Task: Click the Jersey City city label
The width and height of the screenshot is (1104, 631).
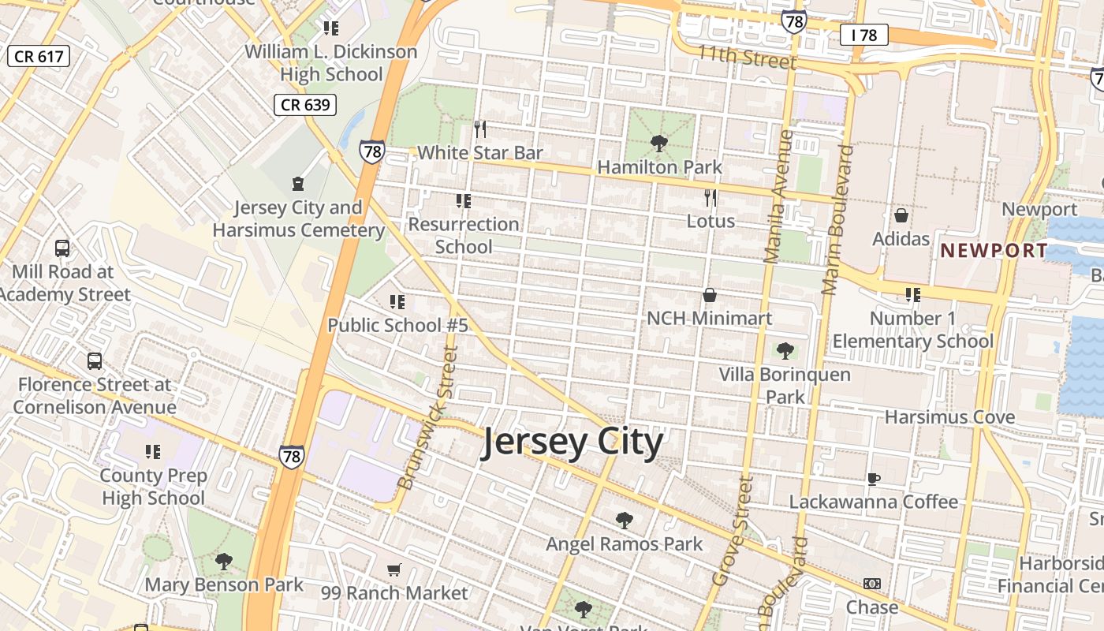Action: point(573,442)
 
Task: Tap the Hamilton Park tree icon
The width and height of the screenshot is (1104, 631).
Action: point(658,144)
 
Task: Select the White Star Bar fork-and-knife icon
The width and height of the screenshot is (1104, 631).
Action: point(480,129)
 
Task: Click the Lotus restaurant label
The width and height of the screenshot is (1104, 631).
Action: point(711,221)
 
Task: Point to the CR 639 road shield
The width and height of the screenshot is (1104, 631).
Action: point(305,105)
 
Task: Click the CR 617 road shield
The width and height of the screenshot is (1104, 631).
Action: point(39,56)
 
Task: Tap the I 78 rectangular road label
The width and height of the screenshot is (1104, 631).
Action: point(863,35)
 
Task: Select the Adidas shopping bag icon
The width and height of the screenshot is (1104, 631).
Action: point(901,215)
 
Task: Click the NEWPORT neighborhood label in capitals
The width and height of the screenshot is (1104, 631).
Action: point(994,251)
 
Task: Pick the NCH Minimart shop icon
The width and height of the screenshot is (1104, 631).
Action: point(710,296)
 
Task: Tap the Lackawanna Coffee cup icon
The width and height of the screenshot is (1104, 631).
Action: point(873,479)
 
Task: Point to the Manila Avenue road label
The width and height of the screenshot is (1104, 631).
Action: point(778,197)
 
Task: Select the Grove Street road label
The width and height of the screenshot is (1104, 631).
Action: point(734,531)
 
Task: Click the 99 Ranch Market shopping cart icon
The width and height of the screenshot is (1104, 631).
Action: point(394,569)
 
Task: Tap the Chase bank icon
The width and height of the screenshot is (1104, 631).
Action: point(871,584)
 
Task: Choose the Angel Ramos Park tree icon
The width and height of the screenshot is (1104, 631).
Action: point(624,521)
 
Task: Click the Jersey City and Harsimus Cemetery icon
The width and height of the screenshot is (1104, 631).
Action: point(298,185)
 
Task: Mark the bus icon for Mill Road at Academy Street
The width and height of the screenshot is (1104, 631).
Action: point(62,248)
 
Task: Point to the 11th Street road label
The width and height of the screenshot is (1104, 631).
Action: point(747,57)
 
